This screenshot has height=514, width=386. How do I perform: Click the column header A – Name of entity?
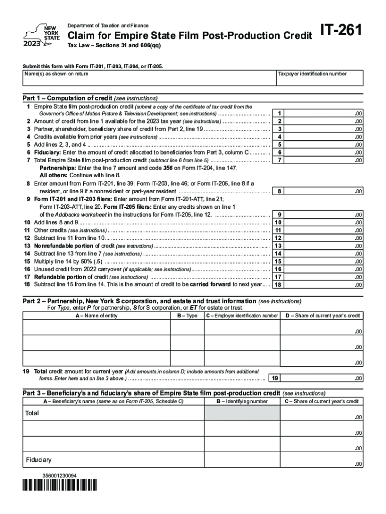97,316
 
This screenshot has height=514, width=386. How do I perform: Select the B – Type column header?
187,316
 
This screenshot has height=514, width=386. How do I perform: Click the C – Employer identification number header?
242,316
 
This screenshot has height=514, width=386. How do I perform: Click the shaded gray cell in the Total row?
242,413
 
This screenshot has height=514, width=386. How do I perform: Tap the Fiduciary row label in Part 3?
39,460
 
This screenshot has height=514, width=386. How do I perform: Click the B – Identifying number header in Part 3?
242,402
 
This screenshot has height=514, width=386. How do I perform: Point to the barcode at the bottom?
59,485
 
